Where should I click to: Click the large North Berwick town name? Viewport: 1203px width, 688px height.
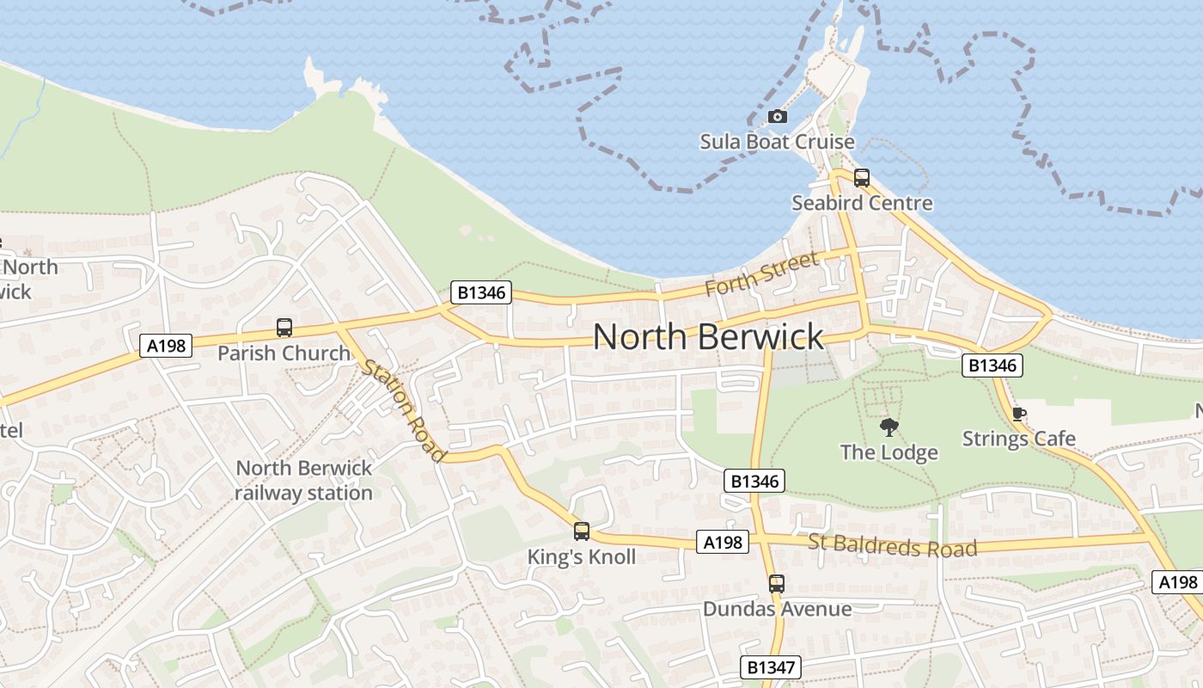pos(708,336)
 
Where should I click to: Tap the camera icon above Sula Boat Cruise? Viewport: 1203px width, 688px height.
pos(778,116)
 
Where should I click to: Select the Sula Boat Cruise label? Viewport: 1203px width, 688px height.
pos(777,141)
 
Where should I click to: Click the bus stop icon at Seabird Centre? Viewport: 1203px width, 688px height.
pos(862,178)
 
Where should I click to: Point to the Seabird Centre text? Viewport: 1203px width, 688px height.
pos(862,203)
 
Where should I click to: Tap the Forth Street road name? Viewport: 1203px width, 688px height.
pos(762,273)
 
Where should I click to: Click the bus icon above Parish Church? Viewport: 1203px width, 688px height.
pos(284,328)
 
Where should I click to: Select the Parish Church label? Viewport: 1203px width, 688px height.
pos(284,353)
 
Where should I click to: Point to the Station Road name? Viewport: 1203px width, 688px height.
pos(404,409)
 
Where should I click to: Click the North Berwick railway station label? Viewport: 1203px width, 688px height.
pos(303,480)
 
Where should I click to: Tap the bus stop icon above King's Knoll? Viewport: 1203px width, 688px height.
pos(582,531)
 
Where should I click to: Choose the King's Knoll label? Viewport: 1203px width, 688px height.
pos(582,556)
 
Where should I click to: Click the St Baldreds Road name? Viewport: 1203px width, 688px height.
pos(893,545)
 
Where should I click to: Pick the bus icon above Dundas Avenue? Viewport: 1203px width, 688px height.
pos(777,584)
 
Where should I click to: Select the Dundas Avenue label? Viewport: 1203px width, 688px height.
pos(777,609)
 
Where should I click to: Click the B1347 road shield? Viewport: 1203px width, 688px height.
pos(771,666)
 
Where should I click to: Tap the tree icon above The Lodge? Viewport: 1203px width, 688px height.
pos(889,427)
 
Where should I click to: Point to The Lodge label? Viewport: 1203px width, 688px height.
pos(889,451)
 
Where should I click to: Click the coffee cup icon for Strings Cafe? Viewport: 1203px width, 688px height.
pos(1019,414)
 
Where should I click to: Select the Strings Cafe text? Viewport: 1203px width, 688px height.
pos(1019,439)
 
